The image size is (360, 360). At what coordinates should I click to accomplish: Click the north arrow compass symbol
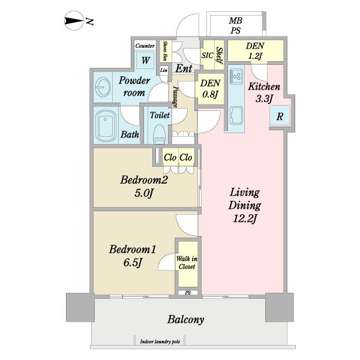(73, 20)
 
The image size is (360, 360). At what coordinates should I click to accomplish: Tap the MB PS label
(235, 25)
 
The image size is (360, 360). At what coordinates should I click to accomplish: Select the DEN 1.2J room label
(255, 51)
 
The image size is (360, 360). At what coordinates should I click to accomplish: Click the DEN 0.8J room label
(210, 89)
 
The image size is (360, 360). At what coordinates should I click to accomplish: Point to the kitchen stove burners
(236, 76)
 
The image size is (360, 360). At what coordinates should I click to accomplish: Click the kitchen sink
(236, 116)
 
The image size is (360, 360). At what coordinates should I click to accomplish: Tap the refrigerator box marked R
(280, 116)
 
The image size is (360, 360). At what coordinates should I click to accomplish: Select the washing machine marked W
(145, 60)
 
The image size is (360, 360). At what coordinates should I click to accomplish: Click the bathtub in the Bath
(106, 126)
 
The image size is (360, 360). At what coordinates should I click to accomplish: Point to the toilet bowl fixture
(160, 133)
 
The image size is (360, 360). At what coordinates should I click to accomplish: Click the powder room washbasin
(103, 88)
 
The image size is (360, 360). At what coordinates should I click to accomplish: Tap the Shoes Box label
(165, 51)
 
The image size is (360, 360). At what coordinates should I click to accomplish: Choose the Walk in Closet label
(187, 263)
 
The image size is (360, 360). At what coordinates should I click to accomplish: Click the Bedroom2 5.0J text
(144, 186)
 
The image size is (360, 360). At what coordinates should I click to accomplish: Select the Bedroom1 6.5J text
(133, 256)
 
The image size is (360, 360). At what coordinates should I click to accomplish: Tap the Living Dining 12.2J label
(245, 205)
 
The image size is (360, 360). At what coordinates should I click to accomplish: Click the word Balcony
(186, 319)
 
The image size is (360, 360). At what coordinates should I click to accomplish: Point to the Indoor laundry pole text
(160, 342)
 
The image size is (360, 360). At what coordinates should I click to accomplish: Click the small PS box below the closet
(188, 293)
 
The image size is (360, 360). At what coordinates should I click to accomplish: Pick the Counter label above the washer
(145, 46)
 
